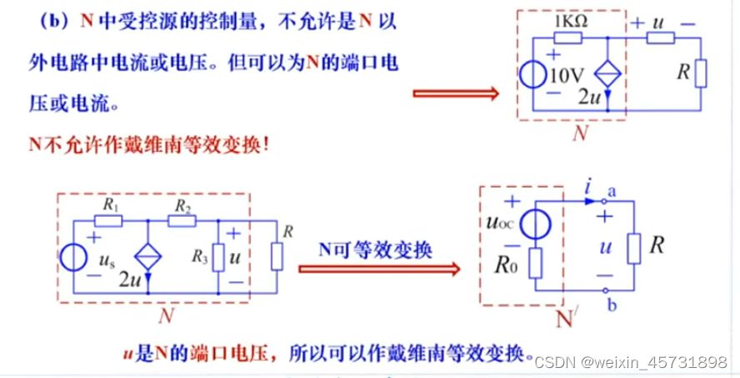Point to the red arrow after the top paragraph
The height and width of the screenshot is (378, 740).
[x=454, y=94]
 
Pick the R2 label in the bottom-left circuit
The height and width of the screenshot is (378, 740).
[x=183, y=204]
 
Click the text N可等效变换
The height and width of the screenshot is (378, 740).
[x=376, y=249]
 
